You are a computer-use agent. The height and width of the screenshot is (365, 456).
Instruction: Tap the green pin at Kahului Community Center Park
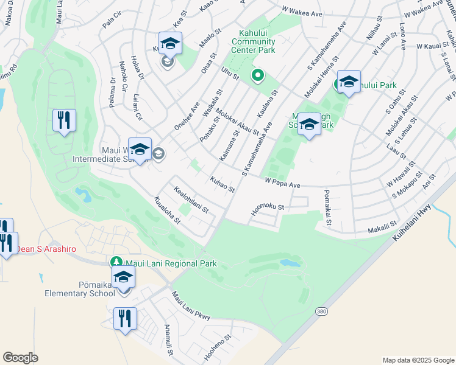click(x=258, y=75)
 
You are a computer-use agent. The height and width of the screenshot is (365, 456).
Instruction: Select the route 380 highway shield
click(x=321, y=311)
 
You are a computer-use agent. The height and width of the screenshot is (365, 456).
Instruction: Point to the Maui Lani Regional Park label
click(x=171, y=264)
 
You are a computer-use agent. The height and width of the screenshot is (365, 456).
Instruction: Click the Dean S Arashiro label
click(x=41, y=248)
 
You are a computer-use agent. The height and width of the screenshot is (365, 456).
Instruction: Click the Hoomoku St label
click(x=268, y=210)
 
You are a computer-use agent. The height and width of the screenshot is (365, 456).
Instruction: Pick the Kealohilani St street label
click(x=191, y=201)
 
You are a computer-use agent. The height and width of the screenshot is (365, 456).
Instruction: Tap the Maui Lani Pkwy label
click(x=191, y=307)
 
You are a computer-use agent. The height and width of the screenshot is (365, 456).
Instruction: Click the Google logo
click(x=20, y=358)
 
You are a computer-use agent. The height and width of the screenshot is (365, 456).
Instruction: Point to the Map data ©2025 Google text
click(x=418, y=360)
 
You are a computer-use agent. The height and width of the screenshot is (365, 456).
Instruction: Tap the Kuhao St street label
click(x=222, y=184)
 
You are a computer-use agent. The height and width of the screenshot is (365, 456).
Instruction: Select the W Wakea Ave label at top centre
click(x=302, y=12)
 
